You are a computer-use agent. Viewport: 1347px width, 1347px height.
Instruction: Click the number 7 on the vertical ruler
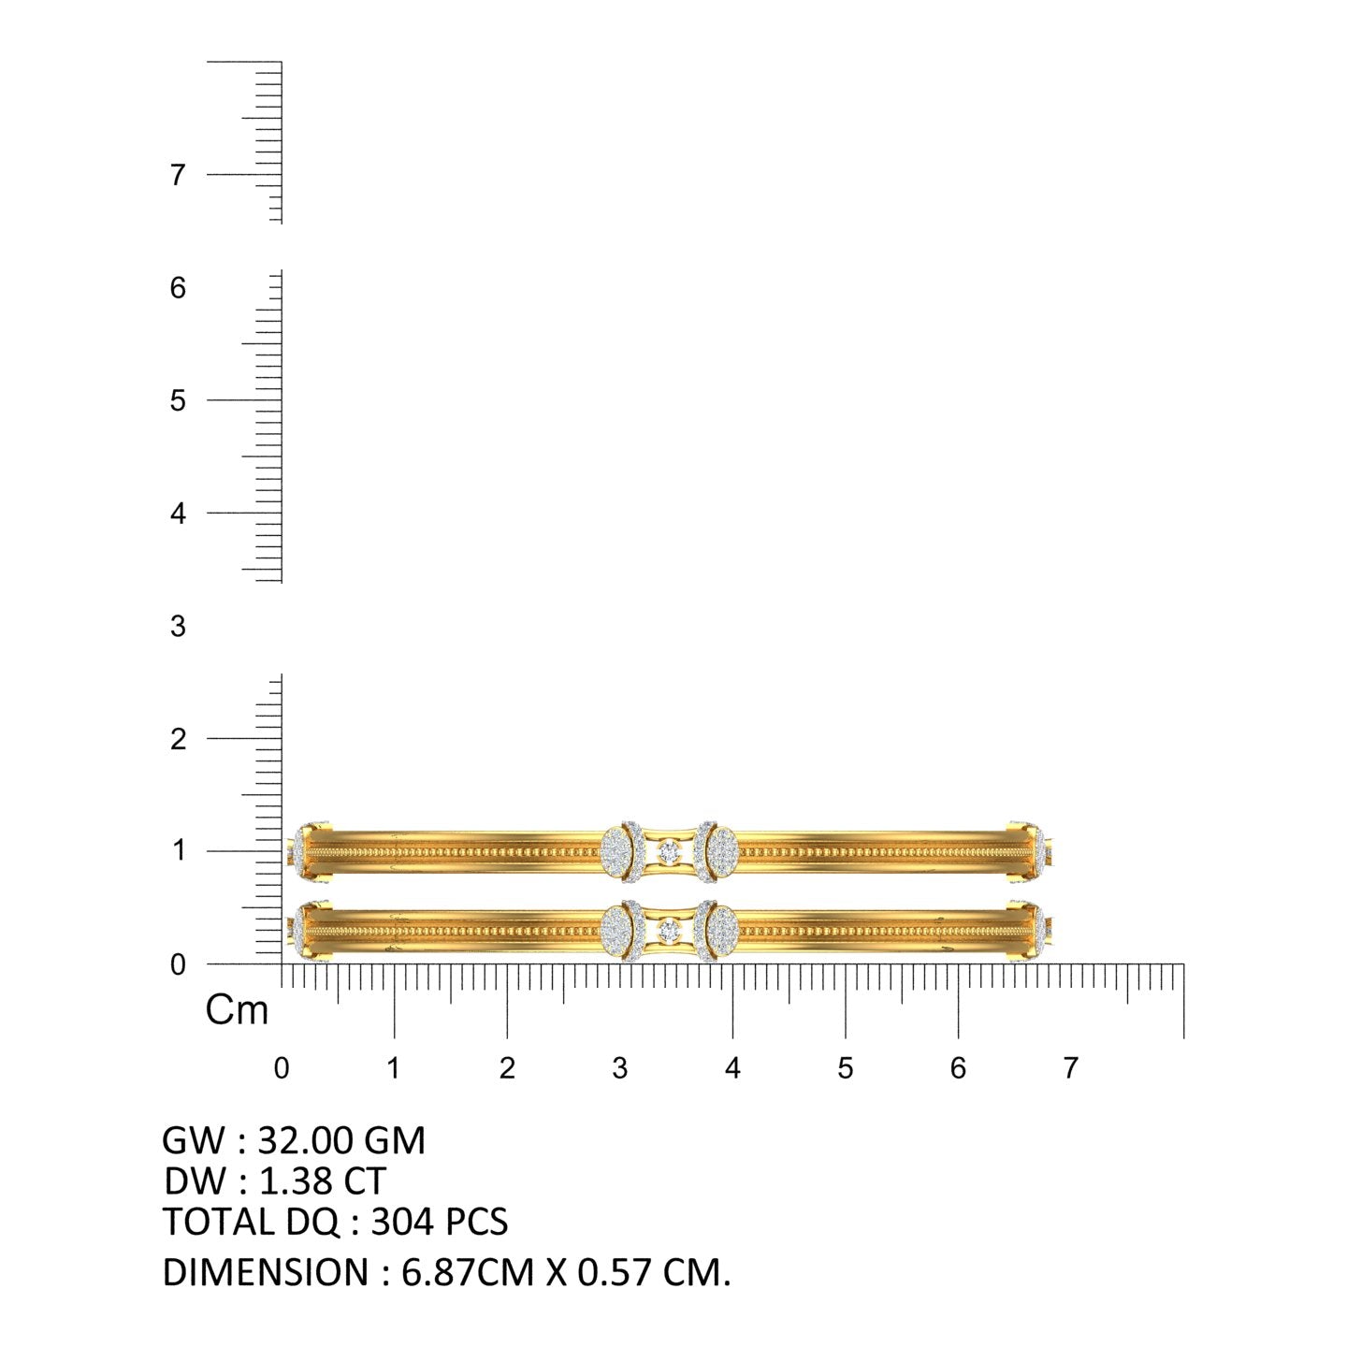coord(178,175)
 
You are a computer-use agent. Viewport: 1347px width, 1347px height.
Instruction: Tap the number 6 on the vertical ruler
coord(178,288)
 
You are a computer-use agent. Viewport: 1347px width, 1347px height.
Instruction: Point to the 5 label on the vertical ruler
coord(178,400)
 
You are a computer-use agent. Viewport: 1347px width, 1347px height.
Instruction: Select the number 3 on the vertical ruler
coord(178,627)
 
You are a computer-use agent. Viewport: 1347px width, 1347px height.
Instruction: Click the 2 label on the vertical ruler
coord(178,739)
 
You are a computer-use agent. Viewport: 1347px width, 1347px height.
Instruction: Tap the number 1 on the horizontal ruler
coord(394,1068)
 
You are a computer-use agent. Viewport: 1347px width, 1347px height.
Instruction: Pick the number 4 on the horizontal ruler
coord(732,1068)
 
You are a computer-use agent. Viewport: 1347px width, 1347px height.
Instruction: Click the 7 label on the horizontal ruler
coord(1071,1068)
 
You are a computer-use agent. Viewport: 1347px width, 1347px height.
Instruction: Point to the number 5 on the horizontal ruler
coord(845,1068)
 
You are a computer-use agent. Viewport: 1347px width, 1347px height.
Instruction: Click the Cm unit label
coord(237,1010)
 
